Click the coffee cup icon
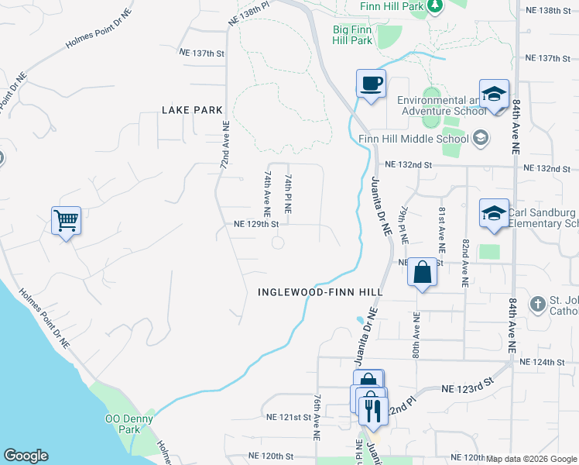[x=371, y=83]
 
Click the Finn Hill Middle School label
[x=414, y=139]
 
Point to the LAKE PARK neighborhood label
[x=192, y=110]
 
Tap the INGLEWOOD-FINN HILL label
[x=320, y=291]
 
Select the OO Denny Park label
[x=123, y=424]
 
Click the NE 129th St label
[x=255, y=225]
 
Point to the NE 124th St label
[x=544, y=362]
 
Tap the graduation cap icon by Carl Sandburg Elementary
[x=493, y=213]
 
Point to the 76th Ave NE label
[x=317, y=418]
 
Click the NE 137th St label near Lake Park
[x=200, y=53]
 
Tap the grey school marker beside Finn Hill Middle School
[x=480, y=139]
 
